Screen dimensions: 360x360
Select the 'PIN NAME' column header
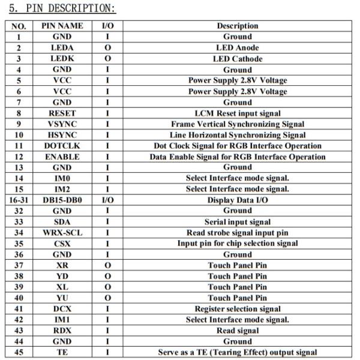(x=62, y=26)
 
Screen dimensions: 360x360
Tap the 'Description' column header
(x=237, y=26)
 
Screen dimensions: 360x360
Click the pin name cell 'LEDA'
(x=62, y=48)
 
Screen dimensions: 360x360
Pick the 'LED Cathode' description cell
(x=237, y=59)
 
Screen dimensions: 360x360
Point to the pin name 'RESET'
(x=62, y=113)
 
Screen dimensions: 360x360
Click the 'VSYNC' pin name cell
(x=62, y=124)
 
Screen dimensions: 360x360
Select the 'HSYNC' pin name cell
(x=62, y=135)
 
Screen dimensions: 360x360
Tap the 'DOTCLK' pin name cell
(x=62, y=146)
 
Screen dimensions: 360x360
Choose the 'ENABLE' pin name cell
(x=62, y=157)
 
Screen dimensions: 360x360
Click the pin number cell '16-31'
(x=19, y=200)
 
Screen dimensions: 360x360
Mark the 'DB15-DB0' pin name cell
(x=62, y=200)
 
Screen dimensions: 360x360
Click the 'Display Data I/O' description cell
(x=237, y=200)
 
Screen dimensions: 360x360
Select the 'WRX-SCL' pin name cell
(x=62, y=233)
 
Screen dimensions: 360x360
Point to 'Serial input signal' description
(x=237, y=222)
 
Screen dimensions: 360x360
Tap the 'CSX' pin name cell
(x=62, y=244)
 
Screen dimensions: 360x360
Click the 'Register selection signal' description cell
(x=237, y=309)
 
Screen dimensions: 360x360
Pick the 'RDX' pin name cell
(x=62, y=331)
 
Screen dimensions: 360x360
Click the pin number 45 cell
(x=19, y=352)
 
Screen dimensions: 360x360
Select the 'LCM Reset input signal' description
(x=237, y=113)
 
